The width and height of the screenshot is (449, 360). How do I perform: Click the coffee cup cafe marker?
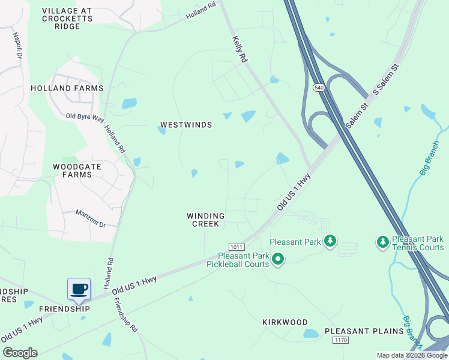coord(79,289)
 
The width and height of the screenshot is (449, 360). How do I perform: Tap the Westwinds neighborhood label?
coord(186,125)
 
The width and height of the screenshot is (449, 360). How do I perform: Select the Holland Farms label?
coord(67,88)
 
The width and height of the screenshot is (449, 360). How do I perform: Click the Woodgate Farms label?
coord(73,170)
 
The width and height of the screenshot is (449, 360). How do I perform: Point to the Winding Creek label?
coord(205,220)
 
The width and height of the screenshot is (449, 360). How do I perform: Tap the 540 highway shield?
coord(318,88)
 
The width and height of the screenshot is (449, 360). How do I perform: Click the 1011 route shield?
coord(237,247)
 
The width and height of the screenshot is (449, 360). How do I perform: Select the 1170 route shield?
coord(341,340)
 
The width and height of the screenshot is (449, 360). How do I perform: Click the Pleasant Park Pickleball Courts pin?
coord(277,259)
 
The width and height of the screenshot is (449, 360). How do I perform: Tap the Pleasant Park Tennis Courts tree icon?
coord(382,242)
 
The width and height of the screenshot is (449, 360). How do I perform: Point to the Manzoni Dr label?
coord(91,218)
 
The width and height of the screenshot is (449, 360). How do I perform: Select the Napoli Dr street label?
coord(17,45)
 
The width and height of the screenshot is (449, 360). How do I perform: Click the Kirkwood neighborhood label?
coord(285,322)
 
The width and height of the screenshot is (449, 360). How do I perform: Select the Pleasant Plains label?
coord(364,331)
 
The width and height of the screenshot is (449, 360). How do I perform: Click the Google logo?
coord(20,353)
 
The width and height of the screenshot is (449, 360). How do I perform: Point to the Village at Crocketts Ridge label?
coord(67,19)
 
